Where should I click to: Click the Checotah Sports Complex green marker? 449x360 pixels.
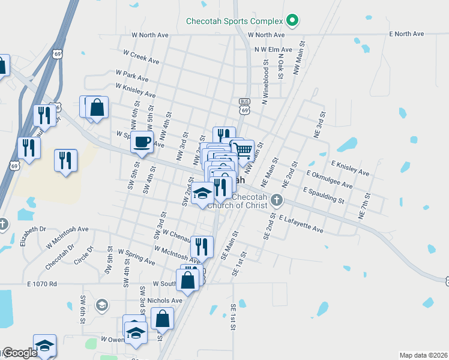pos(292,21)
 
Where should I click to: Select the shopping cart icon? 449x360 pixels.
pos(243,149)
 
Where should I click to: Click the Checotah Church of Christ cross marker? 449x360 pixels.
pos(277,199)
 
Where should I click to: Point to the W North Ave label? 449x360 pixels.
pos(146,35)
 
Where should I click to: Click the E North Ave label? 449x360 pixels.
pos(406,34)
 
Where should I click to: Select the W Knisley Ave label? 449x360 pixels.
pos(135,91)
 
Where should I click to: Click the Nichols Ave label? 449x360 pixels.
pos(167,301)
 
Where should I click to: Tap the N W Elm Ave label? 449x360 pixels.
pos(273,50)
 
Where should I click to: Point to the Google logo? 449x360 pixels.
pos(19,353)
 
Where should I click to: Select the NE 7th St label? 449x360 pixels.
pos(363,205)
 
